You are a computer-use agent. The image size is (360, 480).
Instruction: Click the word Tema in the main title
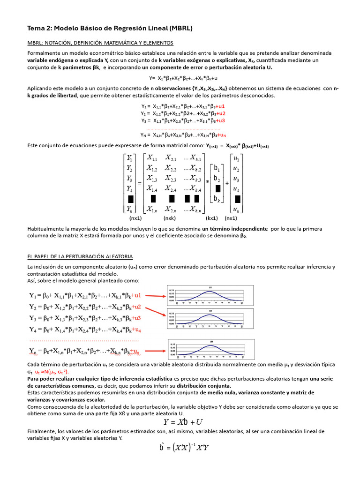(x=37, y=29)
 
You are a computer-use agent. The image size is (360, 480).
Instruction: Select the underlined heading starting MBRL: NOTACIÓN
(x=100, y=43)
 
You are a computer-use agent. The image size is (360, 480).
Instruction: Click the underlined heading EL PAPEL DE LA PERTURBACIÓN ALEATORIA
(x=80, y=256)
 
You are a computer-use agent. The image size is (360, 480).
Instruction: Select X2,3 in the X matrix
(x=170, y=179)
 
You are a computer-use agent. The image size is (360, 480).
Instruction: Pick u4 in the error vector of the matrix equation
(x=237, y=189)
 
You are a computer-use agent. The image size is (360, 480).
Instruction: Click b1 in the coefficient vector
(x=217, y=168)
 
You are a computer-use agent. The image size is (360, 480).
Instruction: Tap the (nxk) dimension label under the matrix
(x=169, y=218)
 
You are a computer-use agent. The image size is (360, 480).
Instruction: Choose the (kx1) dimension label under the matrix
(x=212, y=218)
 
